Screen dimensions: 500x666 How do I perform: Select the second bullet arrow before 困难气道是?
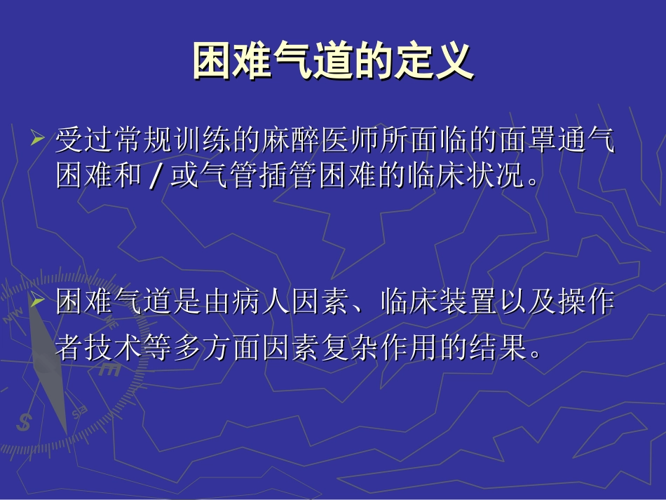pyautogui.click(x=38, y=302)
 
